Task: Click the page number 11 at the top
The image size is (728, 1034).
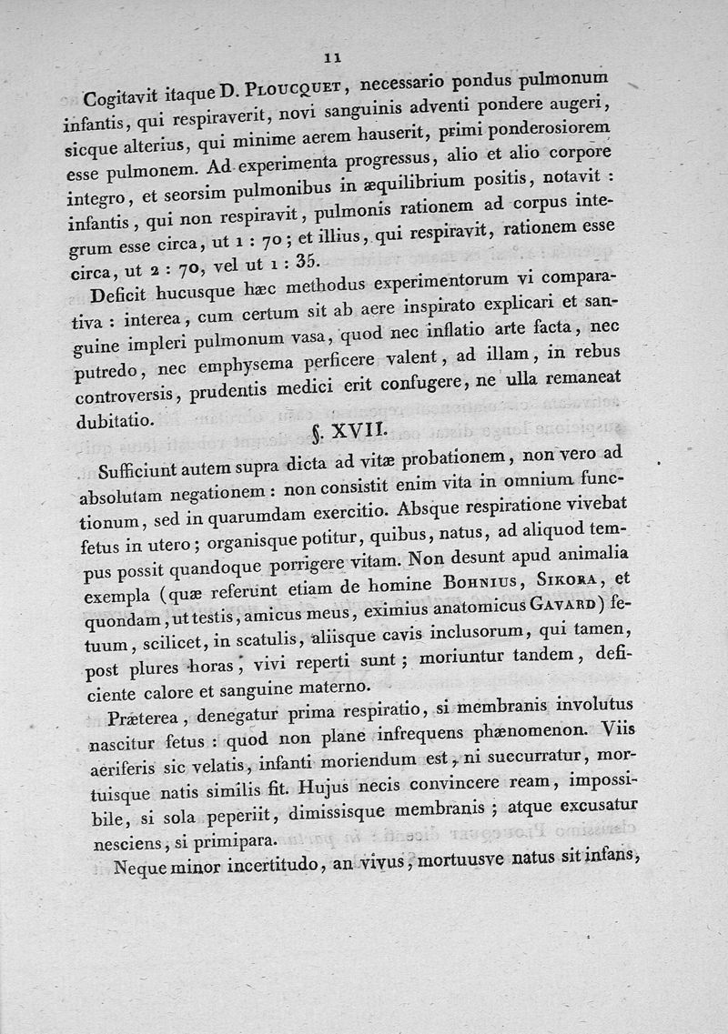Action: click(332, 57)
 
